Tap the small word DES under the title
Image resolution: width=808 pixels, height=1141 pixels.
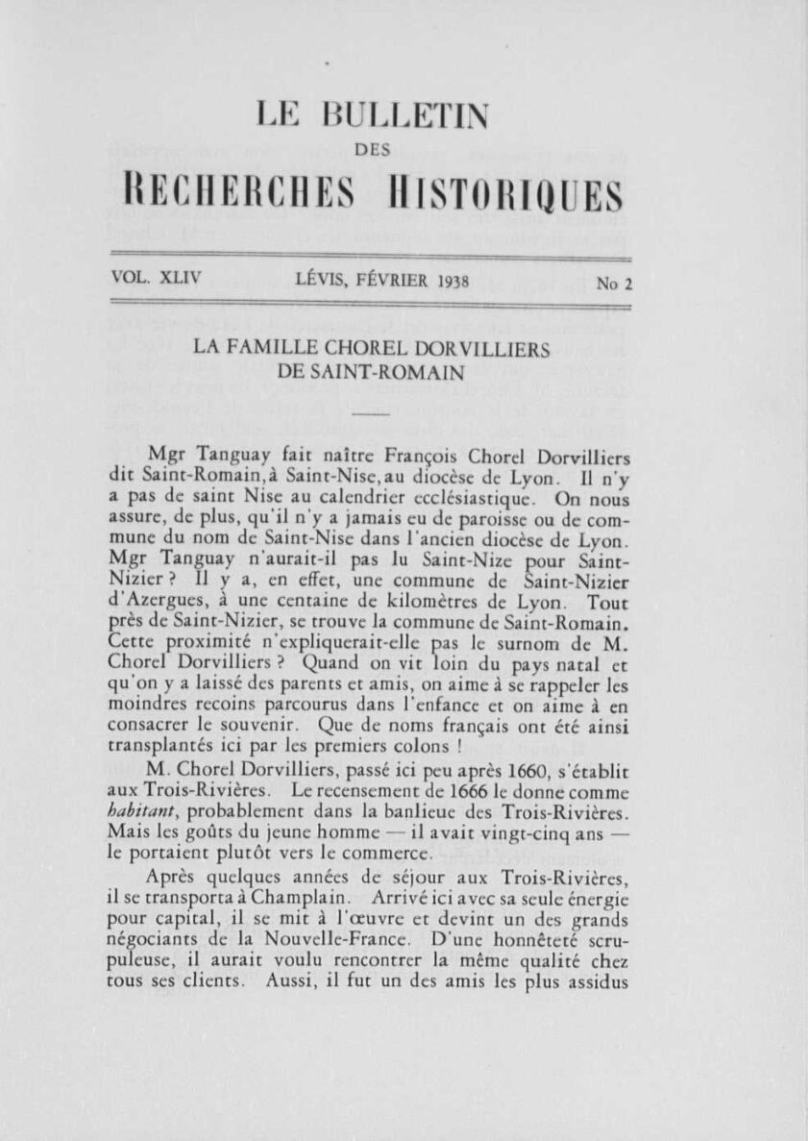point(372,149)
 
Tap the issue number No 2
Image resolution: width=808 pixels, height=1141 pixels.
point(614,284)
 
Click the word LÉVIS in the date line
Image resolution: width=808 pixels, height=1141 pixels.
point(322,281)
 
